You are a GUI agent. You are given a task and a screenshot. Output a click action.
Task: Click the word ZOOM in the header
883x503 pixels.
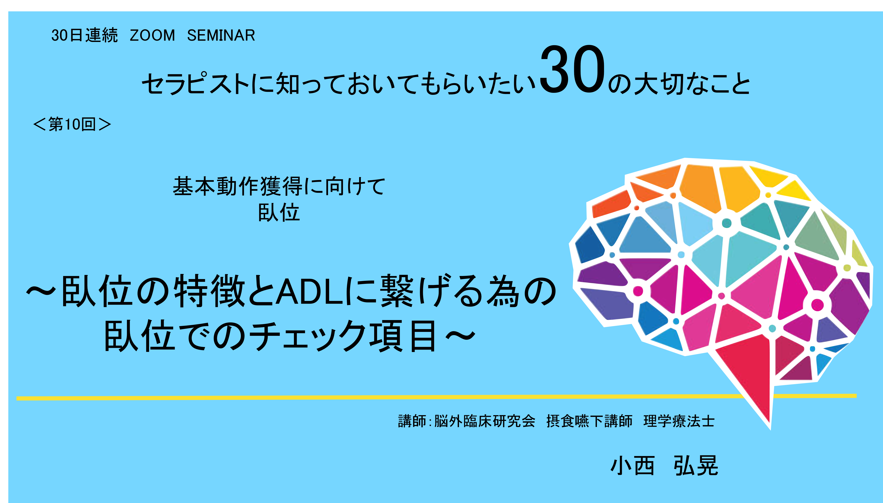152,35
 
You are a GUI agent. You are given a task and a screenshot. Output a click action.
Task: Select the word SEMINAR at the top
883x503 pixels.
221,35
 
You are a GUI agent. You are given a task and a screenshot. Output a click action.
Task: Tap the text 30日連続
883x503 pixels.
84,35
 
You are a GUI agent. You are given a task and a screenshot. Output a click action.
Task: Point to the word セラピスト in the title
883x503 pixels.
196,84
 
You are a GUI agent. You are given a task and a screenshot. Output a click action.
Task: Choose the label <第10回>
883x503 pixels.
72,124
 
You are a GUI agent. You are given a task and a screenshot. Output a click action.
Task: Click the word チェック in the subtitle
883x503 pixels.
308,335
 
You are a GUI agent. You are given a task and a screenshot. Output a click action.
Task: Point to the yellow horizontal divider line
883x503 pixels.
436,397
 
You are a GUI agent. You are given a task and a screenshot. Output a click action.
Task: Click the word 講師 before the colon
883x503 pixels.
412,421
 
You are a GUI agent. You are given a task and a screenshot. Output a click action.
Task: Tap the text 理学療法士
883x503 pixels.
679,421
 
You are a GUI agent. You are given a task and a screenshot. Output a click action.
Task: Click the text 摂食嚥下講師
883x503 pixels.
589,421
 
